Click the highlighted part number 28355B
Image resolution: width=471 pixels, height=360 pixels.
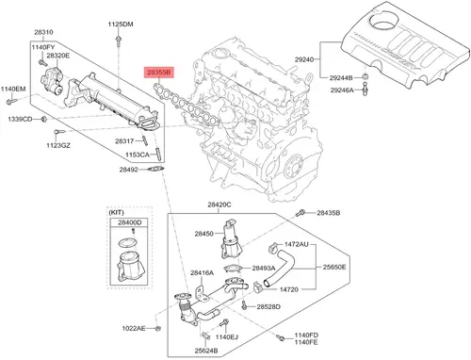[159, 73]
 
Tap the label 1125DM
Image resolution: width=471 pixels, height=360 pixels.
[121, 25]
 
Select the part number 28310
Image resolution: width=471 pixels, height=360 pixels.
[43, 32]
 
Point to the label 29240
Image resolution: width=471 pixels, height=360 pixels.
[304, 59]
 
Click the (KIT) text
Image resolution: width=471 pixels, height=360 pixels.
[116, 213]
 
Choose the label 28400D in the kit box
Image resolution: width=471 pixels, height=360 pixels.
[130, 222]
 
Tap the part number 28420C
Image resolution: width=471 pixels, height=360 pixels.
[219, 205]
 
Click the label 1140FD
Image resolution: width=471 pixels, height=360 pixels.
[306, 335]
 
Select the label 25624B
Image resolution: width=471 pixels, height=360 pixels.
[206, 351]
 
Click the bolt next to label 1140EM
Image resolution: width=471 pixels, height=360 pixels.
[11, 101]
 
